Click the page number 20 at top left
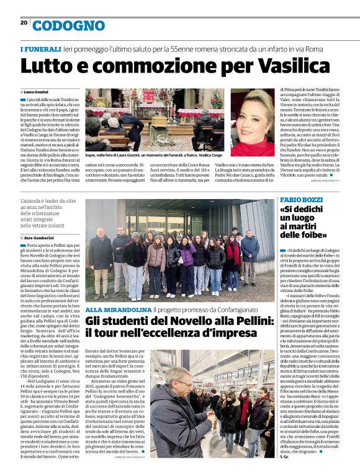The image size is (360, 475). point(24,22)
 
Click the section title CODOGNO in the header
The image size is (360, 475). point(68,26)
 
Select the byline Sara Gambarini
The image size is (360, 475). point(42,238)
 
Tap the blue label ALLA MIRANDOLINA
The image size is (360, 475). point(118,309)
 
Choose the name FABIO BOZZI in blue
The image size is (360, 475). point(301,200)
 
